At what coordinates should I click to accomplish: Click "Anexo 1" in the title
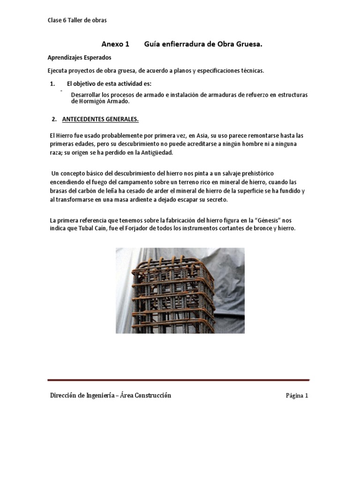(115, 45)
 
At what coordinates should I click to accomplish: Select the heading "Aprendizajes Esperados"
(79, 58)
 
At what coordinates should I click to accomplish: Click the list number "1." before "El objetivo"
(52, 84)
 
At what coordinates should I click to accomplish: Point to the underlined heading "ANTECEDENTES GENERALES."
(100, 120)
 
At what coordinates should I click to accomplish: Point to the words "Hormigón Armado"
(99, 101)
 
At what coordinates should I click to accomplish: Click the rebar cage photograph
(180, 290)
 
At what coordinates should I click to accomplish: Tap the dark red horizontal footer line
(179, 380)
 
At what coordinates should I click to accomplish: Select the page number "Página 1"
(297, 396)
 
